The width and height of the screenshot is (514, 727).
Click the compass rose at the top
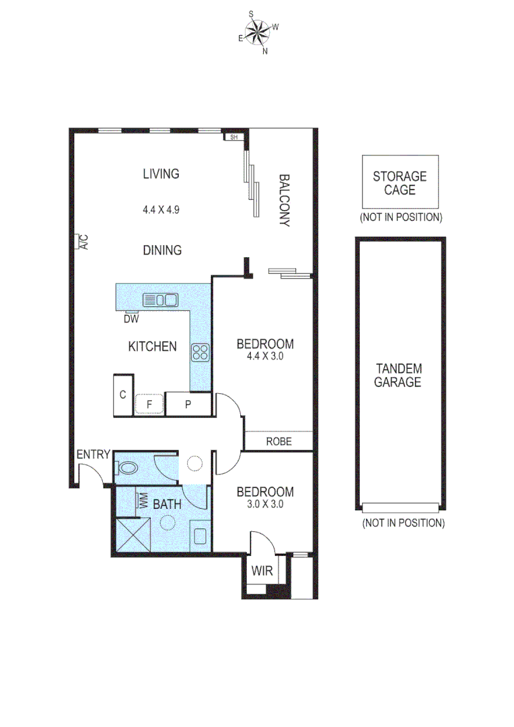256,32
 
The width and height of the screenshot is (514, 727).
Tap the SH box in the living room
233,137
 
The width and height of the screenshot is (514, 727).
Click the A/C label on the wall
83,241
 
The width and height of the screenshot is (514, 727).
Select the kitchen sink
159,300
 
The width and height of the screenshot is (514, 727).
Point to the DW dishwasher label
131,318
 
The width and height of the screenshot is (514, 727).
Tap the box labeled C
123,395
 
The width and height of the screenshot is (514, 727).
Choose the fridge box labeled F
149,405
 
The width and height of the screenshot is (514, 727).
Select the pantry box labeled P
188,405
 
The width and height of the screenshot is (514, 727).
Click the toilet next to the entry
128,466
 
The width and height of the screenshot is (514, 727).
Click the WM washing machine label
143,501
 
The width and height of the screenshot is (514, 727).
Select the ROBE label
278,442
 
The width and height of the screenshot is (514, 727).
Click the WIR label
262,572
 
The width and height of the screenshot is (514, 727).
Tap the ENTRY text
93,454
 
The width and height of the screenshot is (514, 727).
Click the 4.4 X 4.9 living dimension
161,209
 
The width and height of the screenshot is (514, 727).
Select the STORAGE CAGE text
400,183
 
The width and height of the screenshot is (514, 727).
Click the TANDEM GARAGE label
399,375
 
